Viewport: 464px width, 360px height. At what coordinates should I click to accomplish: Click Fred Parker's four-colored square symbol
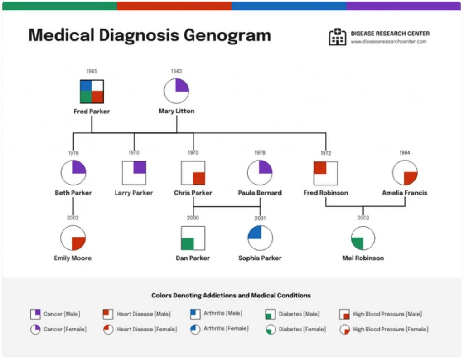click(92, 92)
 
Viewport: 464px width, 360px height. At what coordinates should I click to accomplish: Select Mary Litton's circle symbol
click(176, 91)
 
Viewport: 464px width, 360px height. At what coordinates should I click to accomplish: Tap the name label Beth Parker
click(73, 193)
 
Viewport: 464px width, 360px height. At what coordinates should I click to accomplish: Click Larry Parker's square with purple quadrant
click(134, 173)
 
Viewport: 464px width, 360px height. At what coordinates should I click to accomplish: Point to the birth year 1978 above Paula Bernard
click(260, 153)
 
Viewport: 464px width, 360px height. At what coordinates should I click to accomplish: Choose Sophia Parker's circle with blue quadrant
click(260, 238)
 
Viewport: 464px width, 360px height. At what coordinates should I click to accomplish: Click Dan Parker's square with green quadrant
click(193, 238)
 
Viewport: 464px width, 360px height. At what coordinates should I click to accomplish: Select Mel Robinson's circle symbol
click(363, 238)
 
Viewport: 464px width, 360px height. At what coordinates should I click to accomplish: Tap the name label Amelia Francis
click(405, 193)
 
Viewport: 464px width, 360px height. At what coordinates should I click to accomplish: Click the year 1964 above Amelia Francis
click(405, 153)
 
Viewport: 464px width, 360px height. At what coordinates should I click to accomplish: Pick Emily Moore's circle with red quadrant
click(73, 238)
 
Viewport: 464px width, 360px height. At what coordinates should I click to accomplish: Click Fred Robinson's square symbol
click(326, 173)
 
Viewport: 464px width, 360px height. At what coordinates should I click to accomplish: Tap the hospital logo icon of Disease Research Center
click(337, 37)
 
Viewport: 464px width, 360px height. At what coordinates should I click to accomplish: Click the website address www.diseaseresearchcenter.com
click(388, 42)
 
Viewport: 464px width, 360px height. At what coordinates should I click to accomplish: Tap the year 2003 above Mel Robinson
click(363, 218)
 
